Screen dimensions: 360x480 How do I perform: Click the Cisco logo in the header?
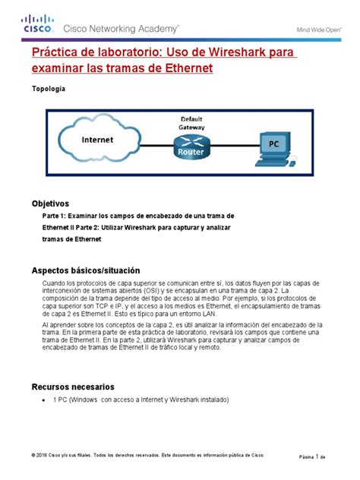39,25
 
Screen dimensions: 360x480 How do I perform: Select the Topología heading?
47,89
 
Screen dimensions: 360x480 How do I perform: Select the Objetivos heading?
49,204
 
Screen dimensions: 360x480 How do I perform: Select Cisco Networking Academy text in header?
121,28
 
